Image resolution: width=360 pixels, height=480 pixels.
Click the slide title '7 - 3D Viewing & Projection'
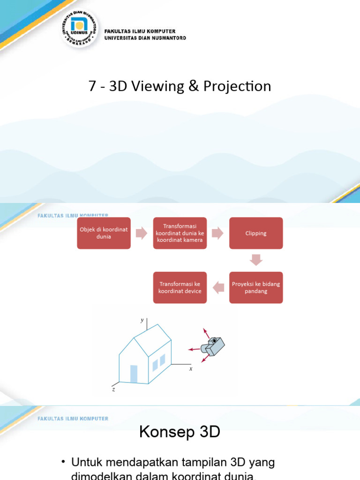pyautogui.click(x=180, y=86)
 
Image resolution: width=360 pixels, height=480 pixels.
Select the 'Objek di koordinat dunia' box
pyautogui.click(x=104, y=233)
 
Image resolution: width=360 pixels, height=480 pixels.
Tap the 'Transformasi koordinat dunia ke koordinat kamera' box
pyautogui.click(x=180, y=233)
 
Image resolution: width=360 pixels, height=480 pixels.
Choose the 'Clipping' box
pyautogui.click(x=255, y=233)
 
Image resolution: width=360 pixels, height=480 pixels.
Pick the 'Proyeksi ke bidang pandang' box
pyautogui.click(x=256, y=287)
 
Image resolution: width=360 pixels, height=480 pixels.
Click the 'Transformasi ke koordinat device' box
pyautogui.click(x=180, y=287)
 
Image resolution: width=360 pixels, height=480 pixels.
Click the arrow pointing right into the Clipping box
pyautogui.click(x=217, y=233)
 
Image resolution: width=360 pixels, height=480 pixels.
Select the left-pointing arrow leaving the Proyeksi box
pyautogui.click(x=218, y=287)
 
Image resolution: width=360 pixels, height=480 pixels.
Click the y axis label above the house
pyautogui.click(x=142, y=320)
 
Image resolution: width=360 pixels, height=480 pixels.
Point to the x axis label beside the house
pyautogui.click(x=191, y=369)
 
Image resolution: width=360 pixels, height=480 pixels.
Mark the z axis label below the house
pyautogui.click(x=113, y=389)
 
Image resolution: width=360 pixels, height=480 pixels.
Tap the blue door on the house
pyautogui.click(x=134, y=374)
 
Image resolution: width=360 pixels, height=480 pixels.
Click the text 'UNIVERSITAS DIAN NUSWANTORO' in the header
pyautogui.click(x=145, y=38)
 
